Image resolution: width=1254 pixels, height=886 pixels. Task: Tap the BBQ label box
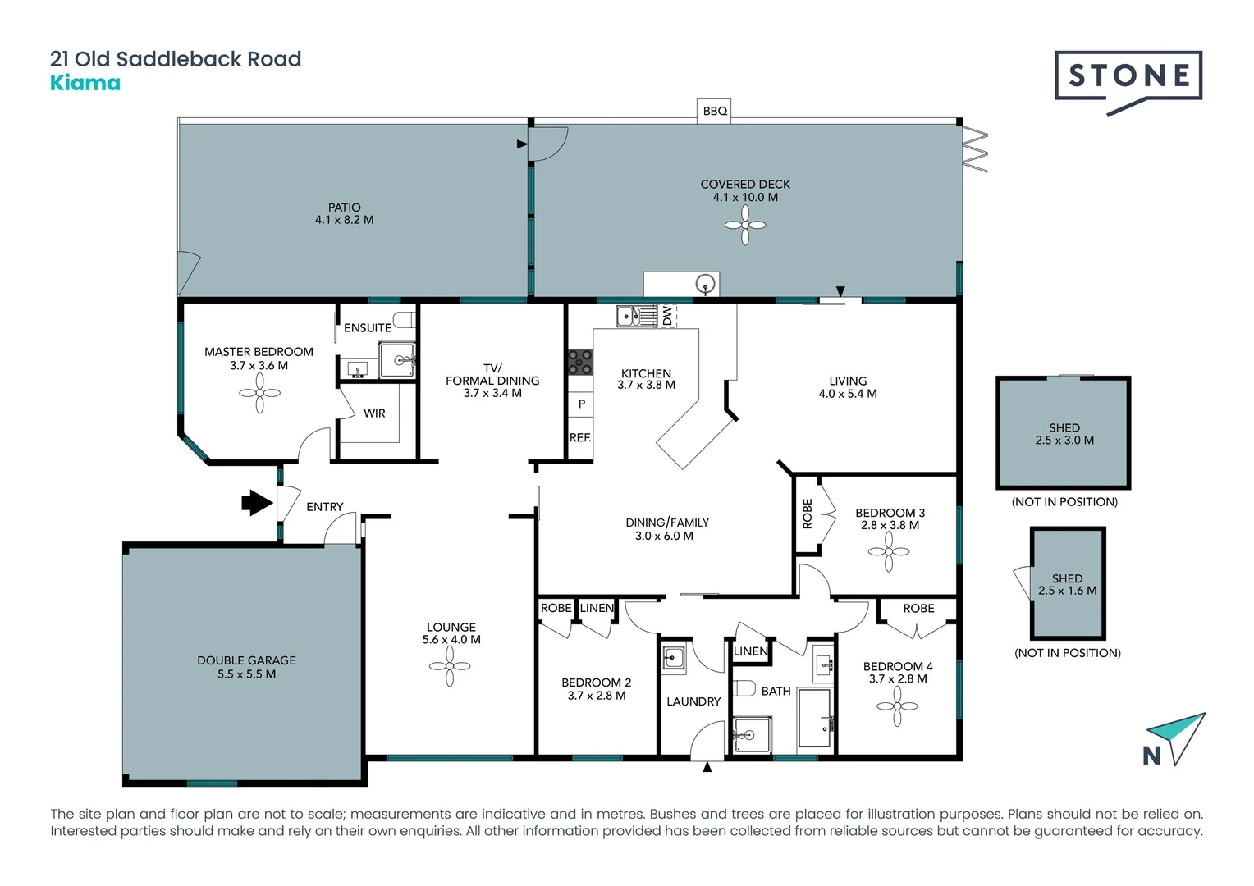(x=715, y=111)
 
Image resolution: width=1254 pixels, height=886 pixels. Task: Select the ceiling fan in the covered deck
(x=745, y=225)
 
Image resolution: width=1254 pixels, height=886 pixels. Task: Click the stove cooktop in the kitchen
(x=580, y=362)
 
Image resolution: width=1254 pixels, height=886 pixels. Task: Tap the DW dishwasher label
(x=667, y=315)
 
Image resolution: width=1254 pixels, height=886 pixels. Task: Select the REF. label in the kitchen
(x=580, y=438)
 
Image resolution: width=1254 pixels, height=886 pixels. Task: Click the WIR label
(x=374, y=413)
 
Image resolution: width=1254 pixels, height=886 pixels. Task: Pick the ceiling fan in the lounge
(x=450, y=666)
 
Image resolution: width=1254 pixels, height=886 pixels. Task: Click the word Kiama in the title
(x=85, y=83)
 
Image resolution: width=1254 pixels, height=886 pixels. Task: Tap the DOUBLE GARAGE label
(x=246, y=660)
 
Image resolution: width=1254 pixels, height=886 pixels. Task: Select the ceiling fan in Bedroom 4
(x=897, y=706)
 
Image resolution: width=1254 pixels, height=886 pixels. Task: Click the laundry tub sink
(x=674, y=658)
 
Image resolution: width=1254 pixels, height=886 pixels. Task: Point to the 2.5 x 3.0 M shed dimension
(x=1064, y=441)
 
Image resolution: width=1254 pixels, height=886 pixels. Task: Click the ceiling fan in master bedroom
(x=259, y=393)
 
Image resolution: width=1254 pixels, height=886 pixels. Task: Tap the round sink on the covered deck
(x=705, y=285)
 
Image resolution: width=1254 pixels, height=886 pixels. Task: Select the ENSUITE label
(x=367, y=328)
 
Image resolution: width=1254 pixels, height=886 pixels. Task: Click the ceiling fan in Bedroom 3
(x=889, y=551)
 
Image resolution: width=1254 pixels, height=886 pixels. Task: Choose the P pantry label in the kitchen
(x=581, y=404)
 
